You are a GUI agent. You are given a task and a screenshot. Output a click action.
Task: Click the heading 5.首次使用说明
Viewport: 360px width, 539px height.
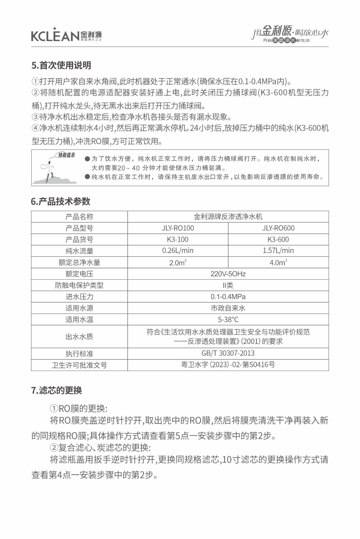coord(61,65)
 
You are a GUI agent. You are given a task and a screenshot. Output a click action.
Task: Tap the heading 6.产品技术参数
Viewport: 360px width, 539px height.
coord(61,201)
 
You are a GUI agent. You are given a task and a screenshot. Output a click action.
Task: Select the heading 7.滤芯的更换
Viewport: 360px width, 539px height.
coord(57,390)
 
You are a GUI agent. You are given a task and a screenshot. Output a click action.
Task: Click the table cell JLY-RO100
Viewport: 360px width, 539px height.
coord(178,228)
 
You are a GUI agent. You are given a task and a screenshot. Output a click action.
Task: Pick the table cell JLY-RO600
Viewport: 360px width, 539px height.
coord(278,228)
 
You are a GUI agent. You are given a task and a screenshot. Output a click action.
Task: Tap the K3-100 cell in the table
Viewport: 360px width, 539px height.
coord(178,240)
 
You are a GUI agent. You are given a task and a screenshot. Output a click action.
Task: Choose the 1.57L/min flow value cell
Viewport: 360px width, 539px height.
coord(278,251)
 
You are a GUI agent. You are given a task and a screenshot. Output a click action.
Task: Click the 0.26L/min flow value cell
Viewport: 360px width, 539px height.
coord(178,251)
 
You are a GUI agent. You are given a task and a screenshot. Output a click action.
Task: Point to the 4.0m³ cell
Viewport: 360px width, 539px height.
coord(278,262)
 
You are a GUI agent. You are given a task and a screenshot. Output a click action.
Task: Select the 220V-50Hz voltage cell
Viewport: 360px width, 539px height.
coord(228,274)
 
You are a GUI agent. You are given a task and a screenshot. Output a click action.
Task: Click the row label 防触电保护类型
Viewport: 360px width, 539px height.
coord(79,285)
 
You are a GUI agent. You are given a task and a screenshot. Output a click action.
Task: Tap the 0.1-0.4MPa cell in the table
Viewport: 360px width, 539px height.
coord(228,297)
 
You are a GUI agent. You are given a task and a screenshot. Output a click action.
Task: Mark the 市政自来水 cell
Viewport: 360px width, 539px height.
coord(228,308)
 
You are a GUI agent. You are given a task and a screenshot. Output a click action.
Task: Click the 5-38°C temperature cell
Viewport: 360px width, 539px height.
coord(228,319)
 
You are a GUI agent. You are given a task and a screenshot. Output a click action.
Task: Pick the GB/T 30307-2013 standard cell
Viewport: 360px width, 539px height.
coord(228,353)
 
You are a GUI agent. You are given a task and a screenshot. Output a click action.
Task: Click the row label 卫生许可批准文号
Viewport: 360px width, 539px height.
coord(79,365)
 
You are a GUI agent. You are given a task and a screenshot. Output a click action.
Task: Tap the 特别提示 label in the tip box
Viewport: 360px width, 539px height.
coord(66,155)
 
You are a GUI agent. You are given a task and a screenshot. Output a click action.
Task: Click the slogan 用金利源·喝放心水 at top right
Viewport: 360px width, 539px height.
coord(290,33)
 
